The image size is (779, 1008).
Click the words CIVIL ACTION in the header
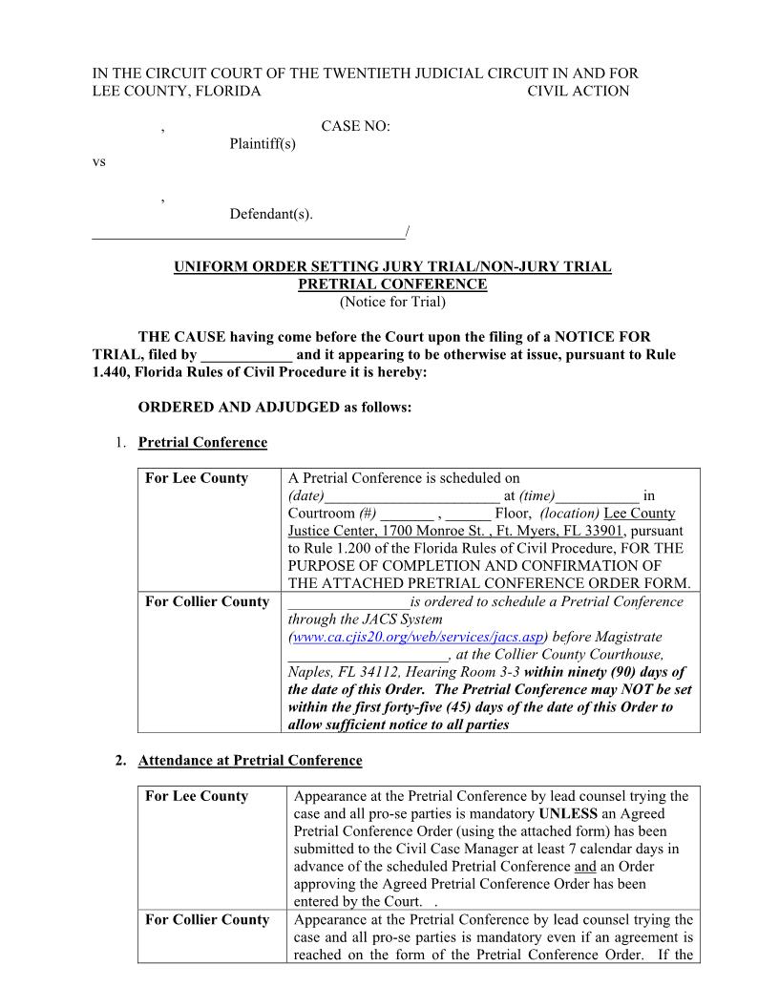point(578,92)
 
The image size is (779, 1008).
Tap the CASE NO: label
point(355,127)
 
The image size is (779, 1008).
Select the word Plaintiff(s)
point(263,144)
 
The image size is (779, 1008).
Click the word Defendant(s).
point(271,215)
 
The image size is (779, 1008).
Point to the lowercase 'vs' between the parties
point(98,162)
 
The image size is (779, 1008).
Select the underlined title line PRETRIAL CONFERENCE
point(392,284)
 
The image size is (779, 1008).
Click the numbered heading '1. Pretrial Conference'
point(202,443)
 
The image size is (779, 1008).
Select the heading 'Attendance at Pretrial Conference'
point(250,761)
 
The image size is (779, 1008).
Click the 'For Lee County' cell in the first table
point(197,478)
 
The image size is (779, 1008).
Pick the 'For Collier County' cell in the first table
point(207,601)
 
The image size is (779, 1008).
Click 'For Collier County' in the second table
point(207,919)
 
